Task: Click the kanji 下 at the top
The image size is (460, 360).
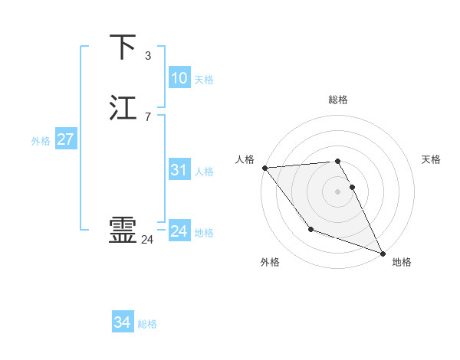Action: (x=123, y=47)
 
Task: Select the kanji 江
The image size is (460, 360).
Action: (x=123, y=107)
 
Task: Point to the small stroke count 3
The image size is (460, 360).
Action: (x=148, y=56)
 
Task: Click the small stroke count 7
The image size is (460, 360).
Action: (x=148, y=116)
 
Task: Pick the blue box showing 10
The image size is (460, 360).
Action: (x=179, y=78)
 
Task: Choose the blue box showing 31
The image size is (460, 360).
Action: (x=179, y=170)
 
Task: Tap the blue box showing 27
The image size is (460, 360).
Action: (x=65, y=139)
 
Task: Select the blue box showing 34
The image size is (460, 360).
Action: (x=122, y=322)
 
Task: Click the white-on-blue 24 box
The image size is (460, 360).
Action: (x=179, y=231)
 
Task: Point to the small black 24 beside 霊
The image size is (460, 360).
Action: (x=148, y=240)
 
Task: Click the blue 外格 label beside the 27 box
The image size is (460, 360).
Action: (x=41, y=141)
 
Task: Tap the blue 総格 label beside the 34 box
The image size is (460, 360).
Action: (x=147, y=324)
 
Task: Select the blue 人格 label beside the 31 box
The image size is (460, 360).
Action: (x=204, y=172)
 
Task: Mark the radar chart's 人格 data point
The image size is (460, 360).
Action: (x=264, y=168)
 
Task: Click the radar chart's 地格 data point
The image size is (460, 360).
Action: (x=383, y=253)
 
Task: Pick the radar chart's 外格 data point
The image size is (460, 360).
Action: (x=310, y=229)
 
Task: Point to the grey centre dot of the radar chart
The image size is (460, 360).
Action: (x=337, y=191)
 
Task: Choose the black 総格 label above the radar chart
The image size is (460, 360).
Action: (x=338, y=100)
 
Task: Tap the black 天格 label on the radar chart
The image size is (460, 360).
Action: (x=431, y=159)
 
